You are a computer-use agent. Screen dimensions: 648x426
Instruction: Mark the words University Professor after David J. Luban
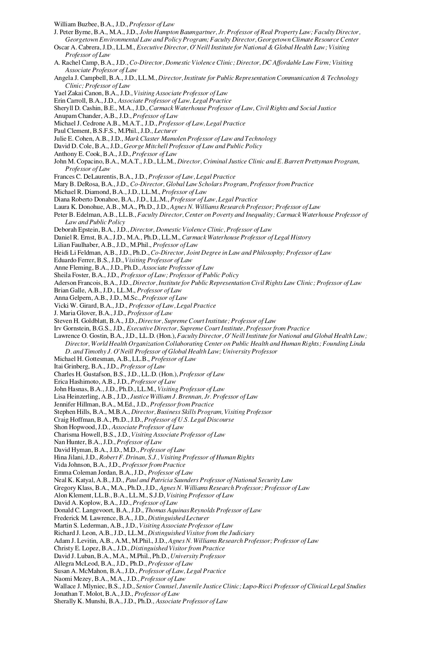tap(198, 556)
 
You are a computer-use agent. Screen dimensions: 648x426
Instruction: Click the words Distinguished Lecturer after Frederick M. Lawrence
tap(179, 518)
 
